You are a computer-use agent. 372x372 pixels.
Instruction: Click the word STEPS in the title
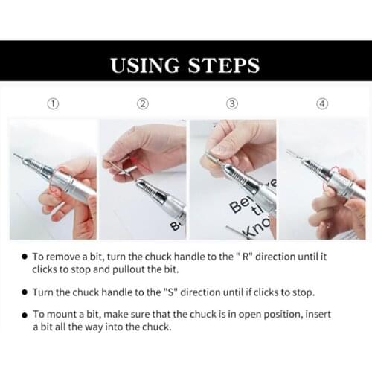221,65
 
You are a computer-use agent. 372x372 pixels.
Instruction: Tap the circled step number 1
54,103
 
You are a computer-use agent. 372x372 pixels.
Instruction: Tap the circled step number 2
143,103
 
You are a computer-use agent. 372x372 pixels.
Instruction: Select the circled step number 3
232,103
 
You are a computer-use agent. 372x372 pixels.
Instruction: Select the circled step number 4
321,103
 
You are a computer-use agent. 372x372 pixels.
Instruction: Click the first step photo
53,179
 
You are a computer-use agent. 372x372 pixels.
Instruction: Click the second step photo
143,179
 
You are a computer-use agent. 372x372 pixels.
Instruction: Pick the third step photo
232,179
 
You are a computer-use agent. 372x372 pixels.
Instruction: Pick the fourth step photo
322,179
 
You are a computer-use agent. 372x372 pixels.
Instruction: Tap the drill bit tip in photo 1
16,155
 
